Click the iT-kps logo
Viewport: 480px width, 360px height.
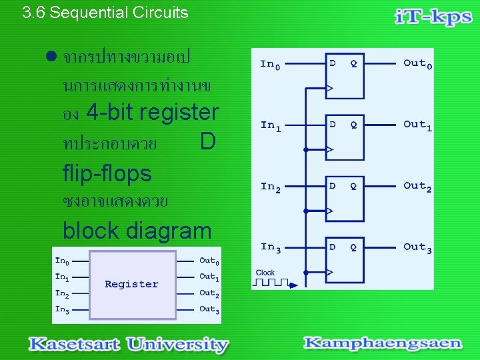point(433,17)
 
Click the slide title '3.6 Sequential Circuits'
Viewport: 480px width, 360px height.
point(105,13)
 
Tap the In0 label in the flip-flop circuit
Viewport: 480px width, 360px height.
point(270,65)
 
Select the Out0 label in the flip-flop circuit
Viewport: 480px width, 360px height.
point(417,64)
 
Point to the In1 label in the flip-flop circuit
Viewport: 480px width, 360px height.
point(271,125)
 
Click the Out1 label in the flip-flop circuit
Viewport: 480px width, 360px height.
point(417,125)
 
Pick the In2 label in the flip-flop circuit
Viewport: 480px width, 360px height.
point(271,187)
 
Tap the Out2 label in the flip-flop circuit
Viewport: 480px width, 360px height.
point(417,187)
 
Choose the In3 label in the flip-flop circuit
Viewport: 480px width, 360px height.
point(271,247)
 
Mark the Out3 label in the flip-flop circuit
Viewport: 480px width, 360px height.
point(417,247)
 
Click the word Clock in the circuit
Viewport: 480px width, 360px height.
point(265,273)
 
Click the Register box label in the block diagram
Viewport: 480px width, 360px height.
point(132,284)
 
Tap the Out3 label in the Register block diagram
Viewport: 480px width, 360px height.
point(209,309)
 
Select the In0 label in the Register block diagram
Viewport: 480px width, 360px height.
point(62,261)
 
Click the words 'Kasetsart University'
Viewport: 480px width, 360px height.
point(128,344)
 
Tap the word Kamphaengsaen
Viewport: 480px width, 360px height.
point(382,343)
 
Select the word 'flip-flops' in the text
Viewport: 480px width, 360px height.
point(107,173)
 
